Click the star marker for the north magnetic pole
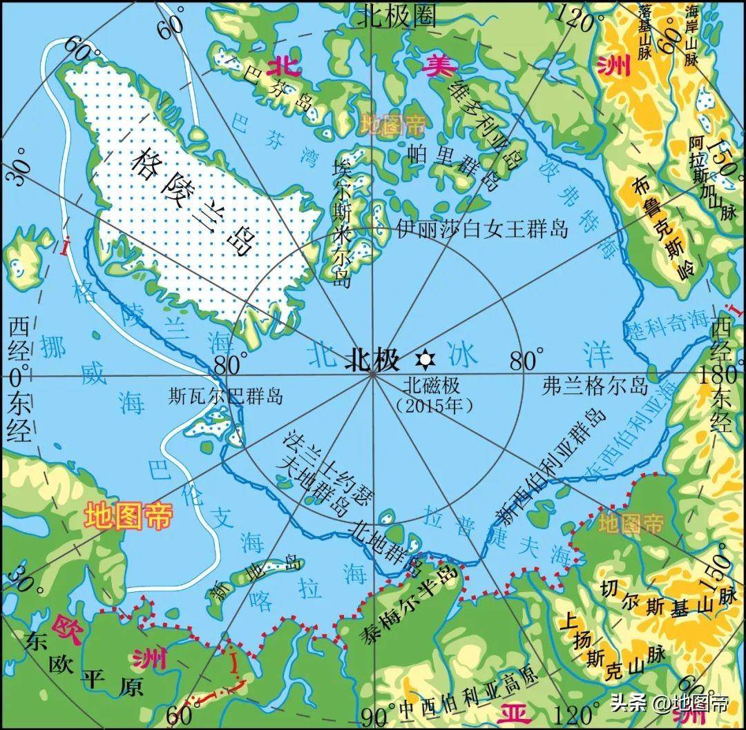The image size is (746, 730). [x=424, y=359]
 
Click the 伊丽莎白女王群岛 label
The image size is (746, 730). [x=482, y=228]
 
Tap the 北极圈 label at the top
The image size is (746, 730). [x=396, y=17]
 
